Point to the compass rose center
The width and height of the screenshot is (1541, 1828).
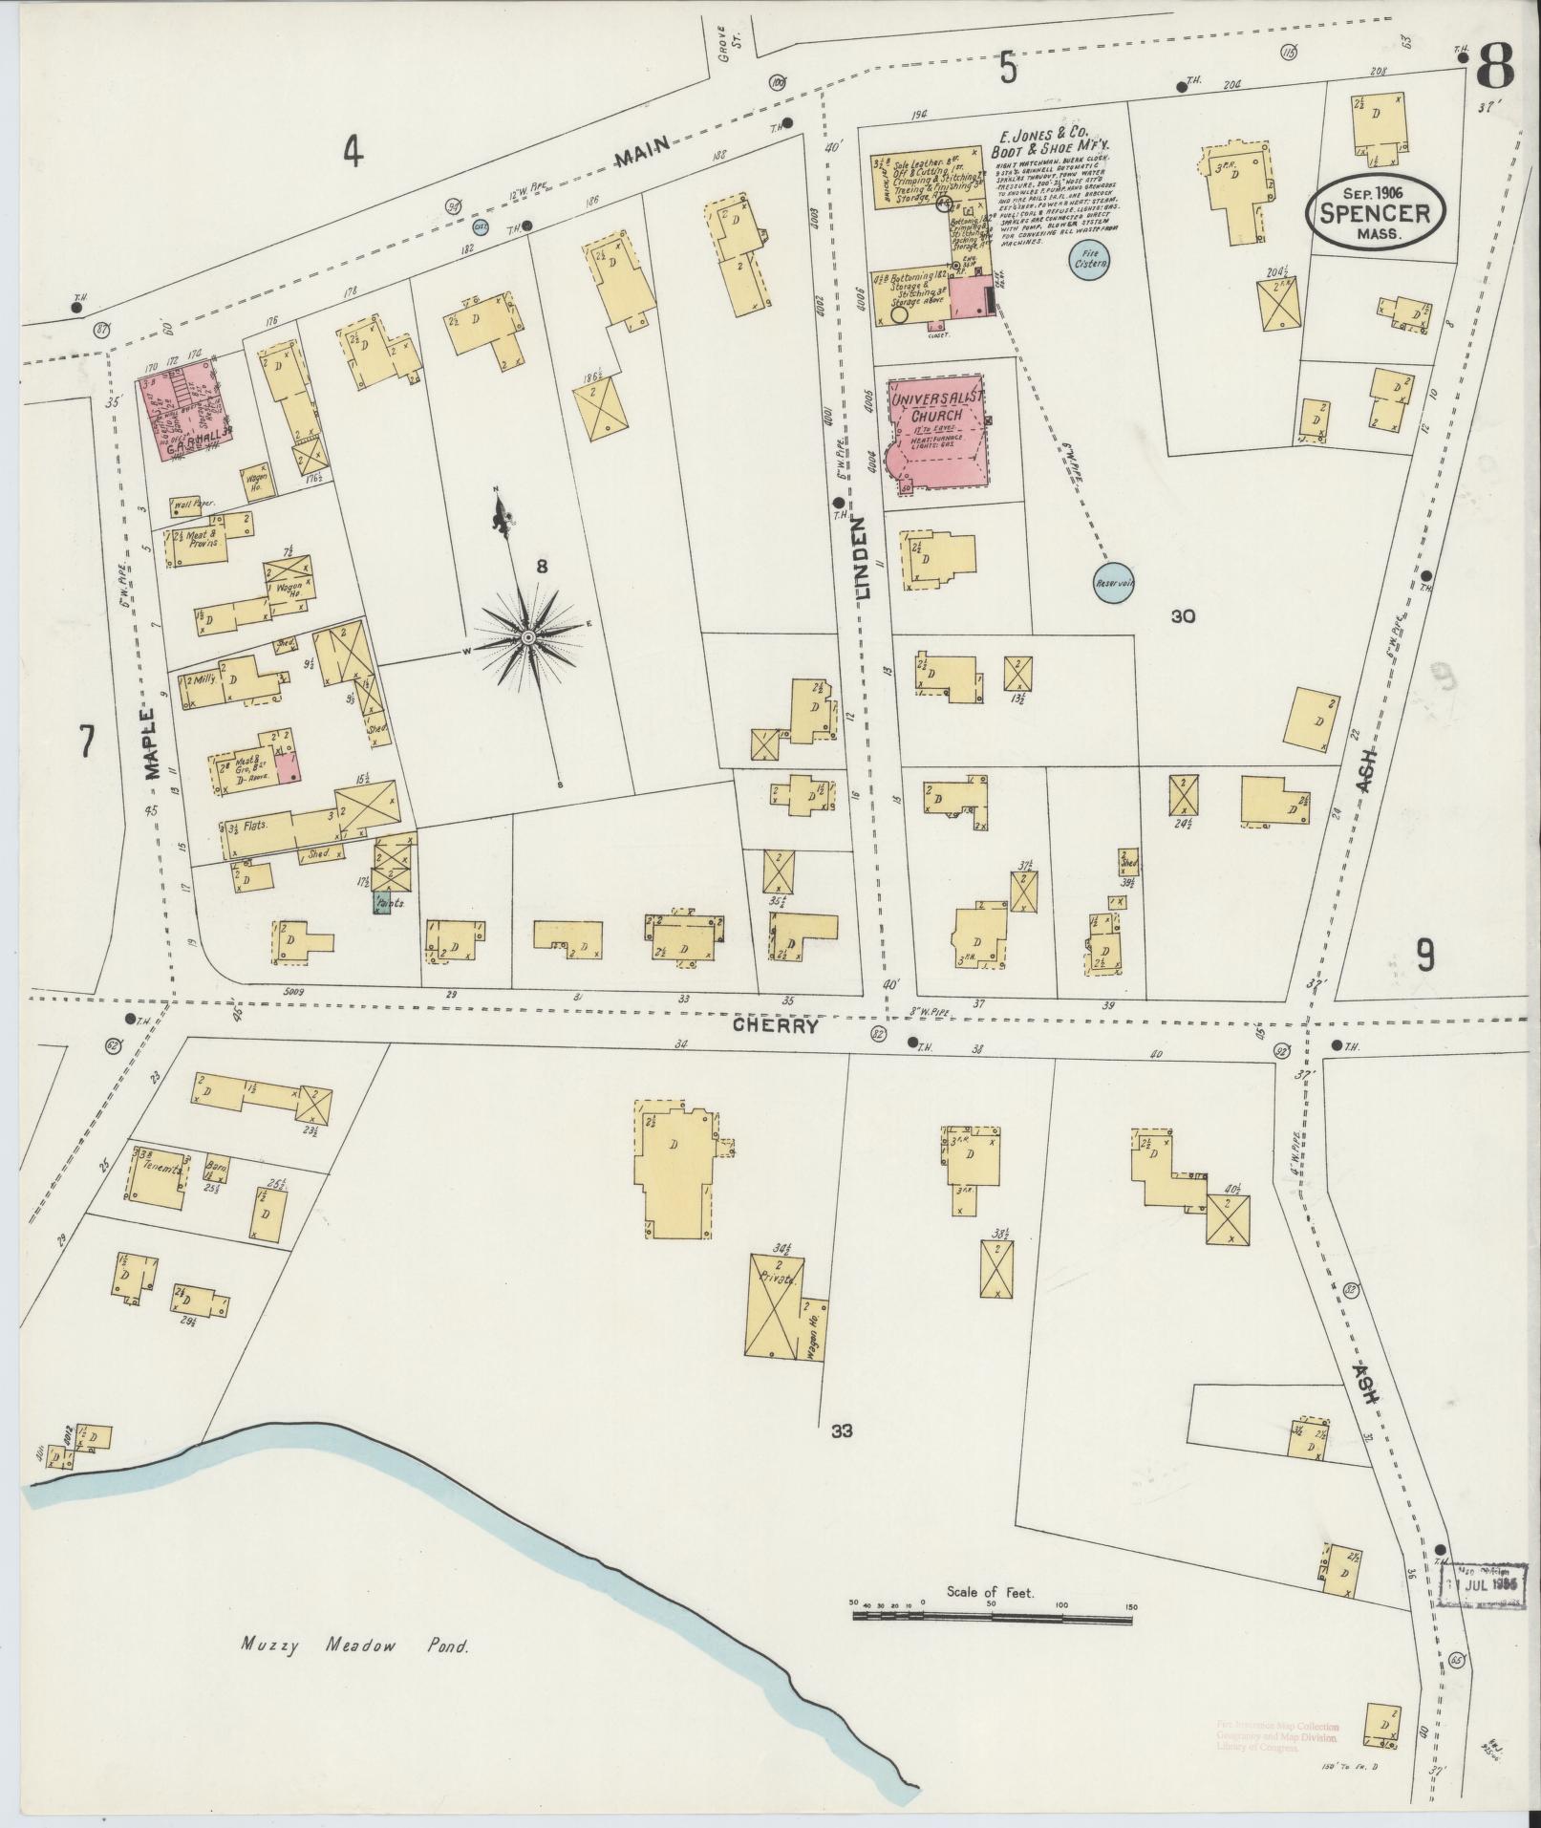(x=527, y=635)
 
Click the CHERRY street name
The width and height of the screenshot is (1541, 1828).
(x=776, y=1025)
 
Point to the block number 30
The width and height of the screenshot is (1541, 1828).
(x=1183, y=616)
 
